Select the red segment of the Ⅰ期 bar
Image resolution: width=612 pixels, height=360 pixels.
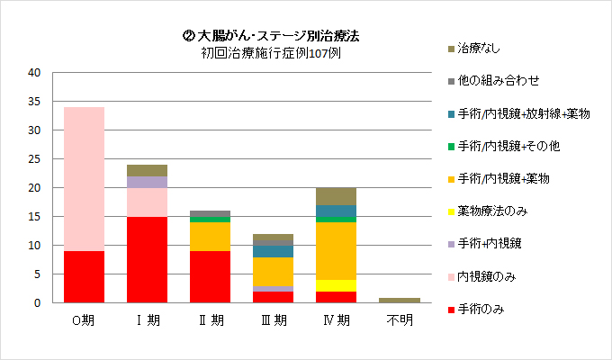pos(147,259)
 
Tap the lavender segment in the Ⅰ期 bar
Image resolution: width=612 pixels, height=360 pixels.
pos(147,182)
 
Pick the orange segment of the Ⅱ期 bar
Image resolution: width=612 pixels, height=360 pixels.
pos(210,237)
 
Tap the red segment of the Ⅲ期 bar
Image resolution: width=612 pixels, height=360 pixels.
pos(274,297)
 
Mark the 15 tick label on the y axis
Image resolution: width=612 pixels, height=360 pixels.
pos(34,217)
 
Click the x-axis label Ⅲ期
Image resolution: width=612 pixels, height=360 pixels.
pos(274,320)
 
